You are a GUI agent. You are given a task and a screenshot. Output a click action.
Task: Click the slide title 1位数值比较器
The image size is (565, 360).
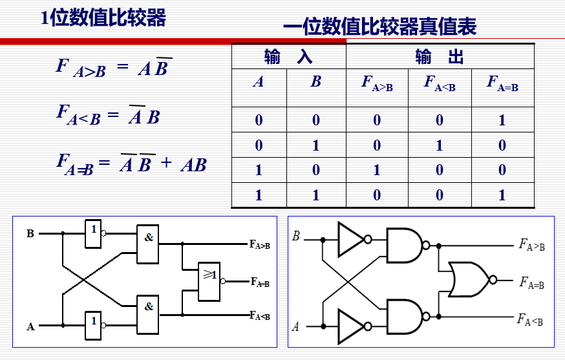(x=103, y=17)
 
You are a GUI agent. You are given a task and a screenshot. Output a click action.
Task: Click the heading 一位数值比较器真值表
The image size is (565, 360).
(x=379, y=26)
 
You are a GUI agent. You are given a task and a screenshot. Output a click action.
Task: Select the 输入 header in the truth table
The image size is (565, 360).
(x=288, y=57)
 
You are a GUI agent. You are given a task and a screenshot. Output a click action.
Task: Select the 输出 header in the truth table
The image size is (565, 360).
(x=440, y=57)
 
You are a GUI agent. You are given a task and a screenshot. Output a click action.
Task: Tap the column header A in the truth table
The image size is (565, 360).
(x=259, y=83)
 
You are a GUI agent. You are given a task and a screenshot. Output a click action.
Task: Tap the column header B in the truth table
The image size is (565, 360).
(x=315, y=83)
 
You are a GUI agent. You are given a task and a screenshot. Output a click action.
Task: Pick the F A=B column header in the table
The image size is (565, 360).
(x=502, y=83)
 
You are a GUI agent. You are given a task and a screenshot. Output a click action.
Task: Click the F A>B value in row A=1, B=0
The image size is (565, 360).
(x=377, y=170)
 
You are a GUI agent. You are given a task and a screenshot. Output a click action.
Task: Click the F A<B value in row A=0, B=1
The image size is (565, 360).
(x=440, y=145)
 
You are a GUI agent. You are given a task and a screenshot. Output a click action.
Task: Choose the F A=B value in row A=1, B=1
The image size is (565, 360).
(x=502, y=195)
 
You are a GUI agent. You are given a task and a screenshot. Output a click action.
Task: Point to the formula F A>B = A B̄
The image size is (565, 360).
(x=114, y=68)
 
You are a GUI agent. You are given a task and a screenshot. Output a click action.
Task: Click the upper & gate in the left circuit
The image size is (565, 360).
(x=148, y=244)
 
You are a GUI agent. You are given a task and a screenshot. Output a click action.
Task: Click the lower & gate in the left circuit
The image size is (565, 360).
(x=148, y=313)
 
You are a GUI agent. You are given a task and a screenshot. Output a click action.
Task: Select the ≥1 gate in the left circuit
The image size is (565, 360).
(x=209, y=281)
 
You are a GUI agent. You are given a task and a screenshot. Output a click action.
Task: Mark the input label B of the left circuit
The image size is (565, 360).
(x=30, y=234)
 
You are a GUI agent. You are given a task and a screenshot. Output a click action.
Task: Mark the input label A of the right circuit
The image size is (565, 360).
(x=295, y=326)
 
